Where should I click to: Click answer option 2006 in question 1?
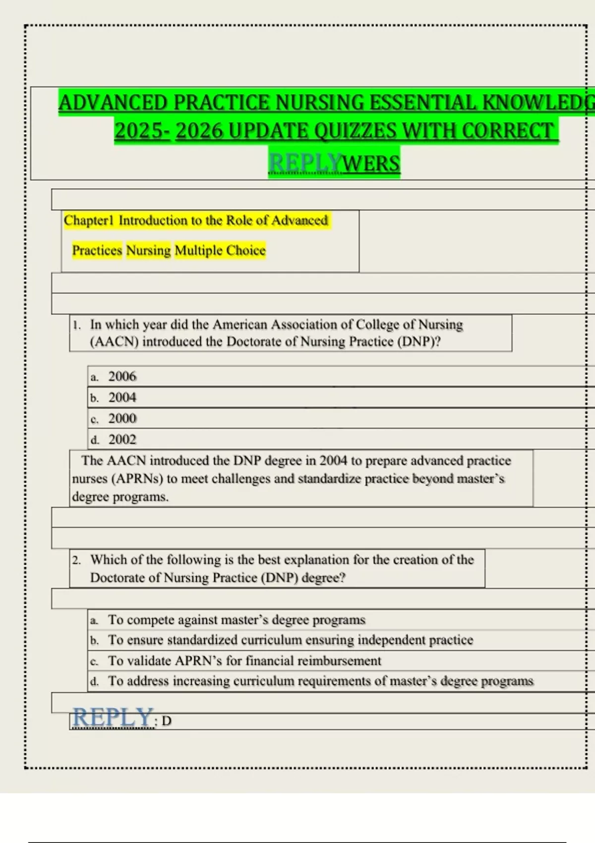tap(122, 376)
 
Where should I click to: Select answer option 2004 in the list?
tap(122, 397)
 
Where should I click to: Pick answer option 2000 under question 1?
tap(122, 419)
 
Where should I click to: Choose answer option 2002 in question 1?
tap(122, 439)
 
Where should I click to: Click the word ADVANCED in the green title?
tap(114, 103)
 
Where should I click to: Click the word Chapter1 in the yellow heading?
tap(89, 220)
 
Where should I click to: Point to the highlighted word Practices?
tap(97, 250)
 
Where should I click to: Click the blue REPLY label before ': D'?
tap(113, 718)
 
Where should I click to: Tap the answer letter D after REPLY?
tap(167, 721)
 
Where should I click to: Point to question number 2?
tap(76, 560)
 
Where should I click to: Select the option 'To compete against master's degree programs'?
tap(237, 620)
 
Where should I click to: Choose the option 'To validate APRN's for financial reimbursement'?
tap(244, 661)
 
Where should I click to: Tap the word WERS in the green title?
tap(371, 163)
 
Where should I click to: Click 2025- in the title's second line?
tap(142, 131)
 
